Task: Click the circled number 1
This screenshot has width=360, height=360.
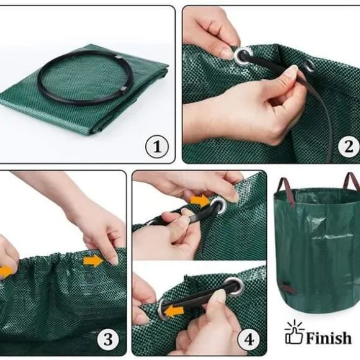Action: [x=157, y=146]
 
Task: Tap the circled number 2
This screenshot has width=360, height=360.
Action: [x=349, y=146]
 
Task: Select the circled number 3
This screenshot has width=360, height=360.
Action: [x=108, y=340]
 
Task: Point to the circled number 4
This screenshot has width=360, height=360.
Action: [x=249, y=340]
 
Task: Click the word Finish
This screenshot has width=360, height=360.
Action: [x=328, y=338]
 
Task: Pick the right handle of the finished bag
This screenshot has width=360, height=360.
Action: [x=351, y=181]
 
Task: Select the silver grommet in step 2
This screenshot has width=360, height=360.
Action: [x=243, y=56]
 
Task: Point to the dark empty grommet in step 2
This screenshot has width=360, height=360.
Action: [x=309, y=66]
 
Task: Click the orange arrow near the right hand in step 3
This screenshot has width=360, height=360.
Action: [x=94, y=261]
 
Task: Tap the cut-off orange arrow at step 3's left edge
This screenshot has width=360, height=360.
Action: [x=6, y=272]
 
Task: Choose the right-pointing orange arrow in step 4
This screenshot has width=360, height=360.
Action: [x=200, y=200]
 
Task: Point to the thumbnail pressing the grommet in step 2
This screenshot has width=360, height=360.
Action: [x=227, y=54]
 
